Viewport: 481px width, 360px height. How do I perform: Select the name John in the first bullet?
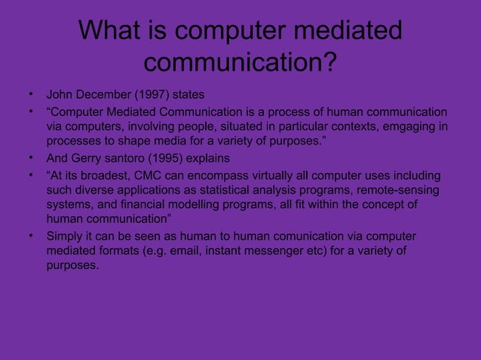(x=60, y=96)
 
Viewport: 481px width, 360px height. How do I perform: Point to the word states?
(x=188, y=96)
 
